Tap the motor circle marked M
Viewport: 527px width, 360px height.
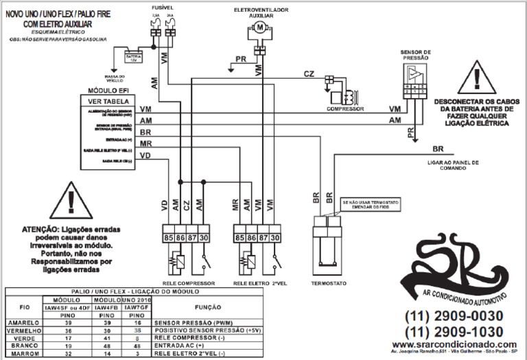(x=259, y=27)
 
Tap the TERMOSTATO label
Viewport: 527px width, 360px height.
(x=329, y=283)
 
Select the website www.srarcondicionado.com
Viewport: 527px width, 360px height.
(x=454, y=344)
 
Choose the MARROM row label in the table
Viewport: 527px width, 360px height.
(x=21, y=355)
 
